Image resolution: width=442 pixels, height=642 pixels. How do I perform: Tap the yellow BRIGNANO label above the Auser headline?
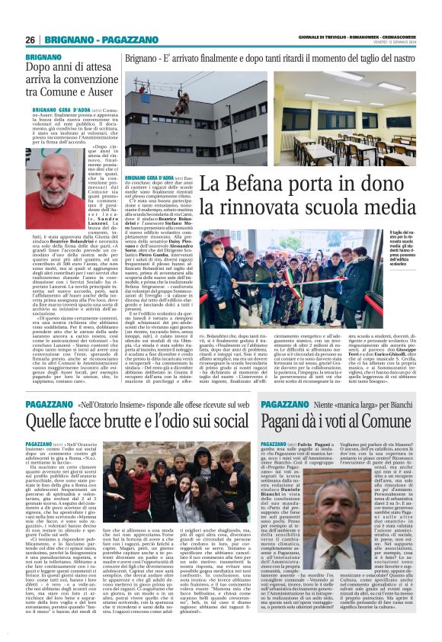(x=43, y=57)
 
